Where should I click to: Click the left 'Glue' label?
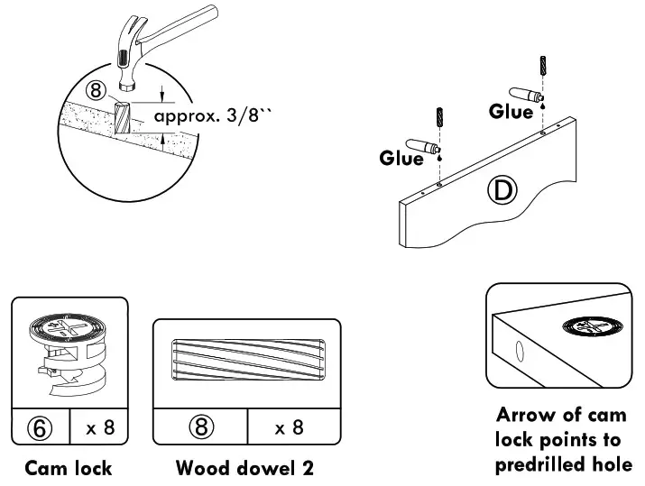[401, 159]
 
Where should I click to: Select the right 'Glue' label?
[511, 112]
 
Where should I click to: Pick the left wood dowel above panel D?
[439, 118]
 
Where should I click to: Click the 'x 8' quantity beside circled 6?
[100, 426]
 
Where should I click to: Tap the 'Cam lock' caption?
[69, 468]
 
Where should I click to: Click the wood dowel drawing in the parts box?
[246, 362]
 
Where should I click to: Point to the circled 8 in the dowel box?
[199, 426]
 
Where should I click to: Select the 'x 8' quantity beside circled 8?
[289, 426]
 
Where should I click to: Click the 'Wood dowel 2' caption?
[244, 468]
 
